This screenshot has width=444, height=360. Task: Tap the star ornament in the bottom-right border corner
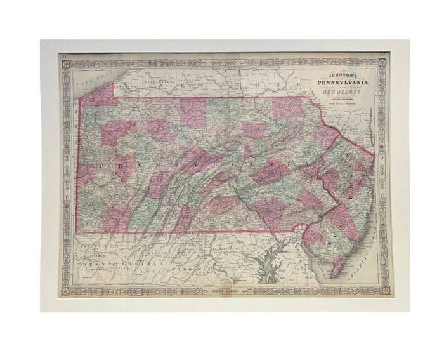(x=383, y=290)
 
